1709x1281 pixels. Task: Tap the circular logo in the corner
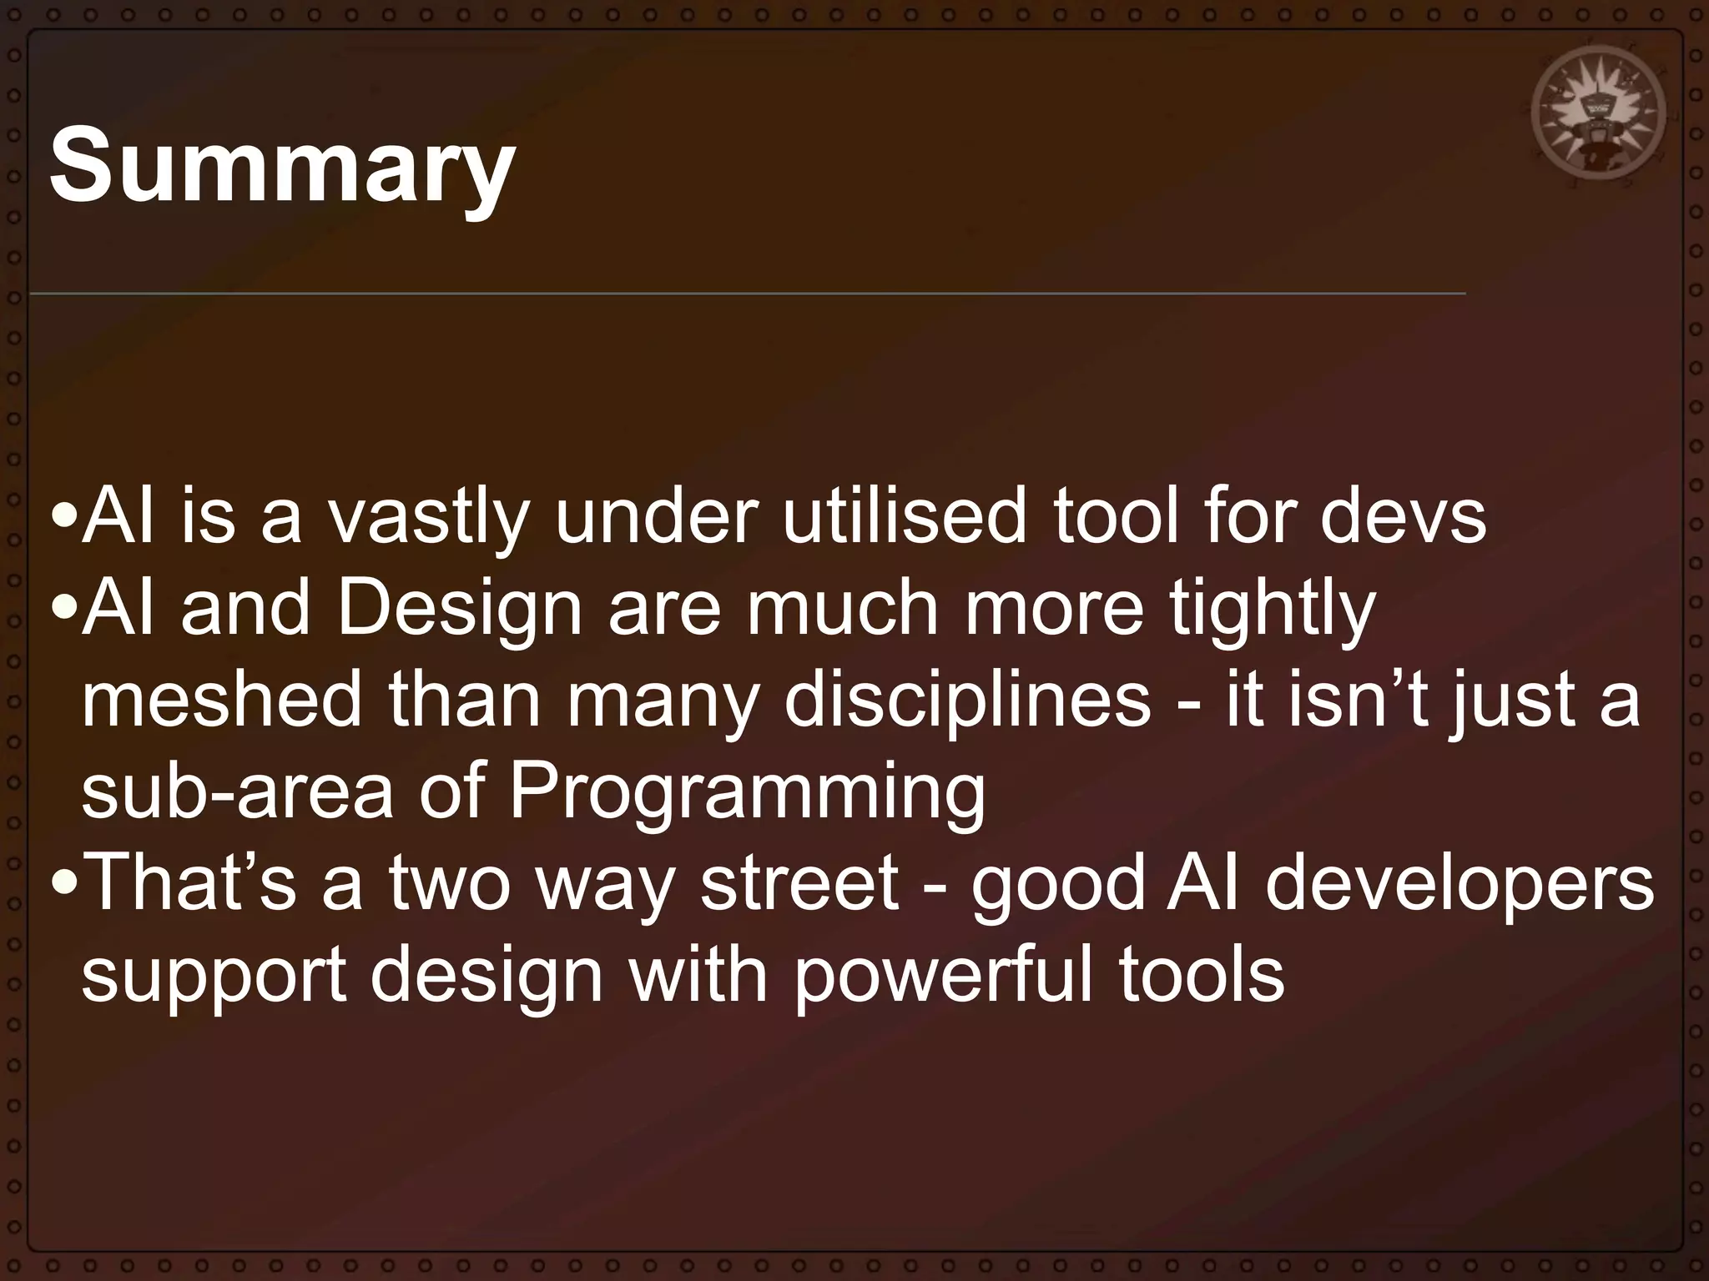pyautogui.click(x=1597, y=113)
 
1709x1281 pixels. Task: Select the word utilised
pyautogui.click(x=905, y=516)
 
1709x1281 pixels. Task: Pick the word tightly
pyautogui.click(x=1272, y=610)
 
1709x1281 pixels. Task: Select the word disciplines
pyautogui.click(x=967, y=701)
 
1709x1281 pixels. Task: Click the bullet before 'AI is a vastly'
pyautogui.click(x=63, y=518)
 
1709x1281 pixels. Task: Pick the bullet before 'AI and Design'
pyautogui.click(x=63, y=611)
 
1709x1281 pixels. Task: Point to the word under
pyautogui.click(x=656, y=516)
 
